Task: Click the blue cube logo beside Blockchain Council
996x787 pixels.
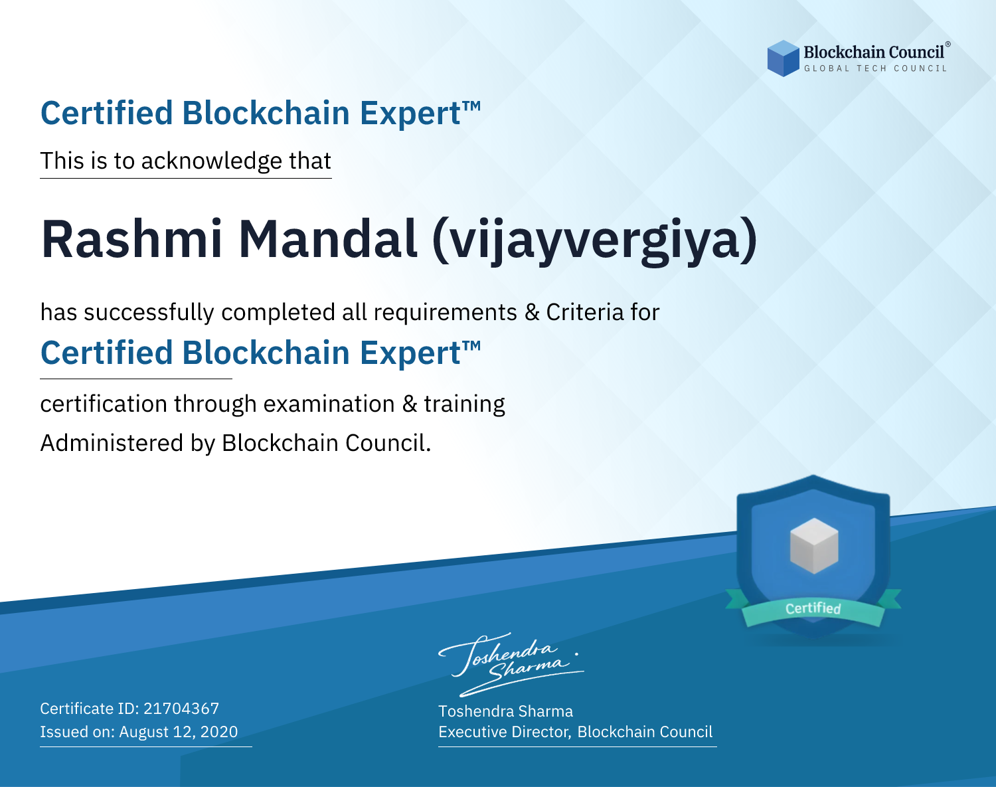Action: [x=783, y=58]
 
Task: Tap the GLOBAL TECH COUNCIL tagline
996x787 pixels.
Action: [x=876, y=68]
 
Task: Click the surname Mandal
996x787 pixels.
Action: [x=327, y=239]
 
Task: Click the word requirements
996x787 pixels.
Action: [x=446, y=313]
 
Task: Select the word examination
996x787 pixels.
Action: [x=329, y=404]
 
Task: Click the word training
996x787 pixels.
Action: [x=464, y=404]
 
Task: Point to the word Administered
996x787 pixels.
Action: [x=112, y=443]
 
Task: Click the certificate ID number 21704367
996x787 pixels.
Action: [x=181, y=709]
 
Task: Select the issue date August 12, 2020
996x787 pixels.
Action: [x=178, y=732]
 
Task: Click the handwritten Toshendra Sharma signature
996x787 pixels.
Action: [x=511, y=665]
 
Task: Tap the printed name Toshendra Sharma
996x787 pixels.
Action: [x=505, y=711]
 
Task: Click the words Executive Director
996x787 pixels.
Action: [x=504, y=732]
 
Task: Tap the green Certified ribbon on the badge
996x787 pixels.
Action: [x=813, y=608]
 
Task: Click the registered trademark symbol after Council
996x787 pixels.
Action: [x=948, y=44]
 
